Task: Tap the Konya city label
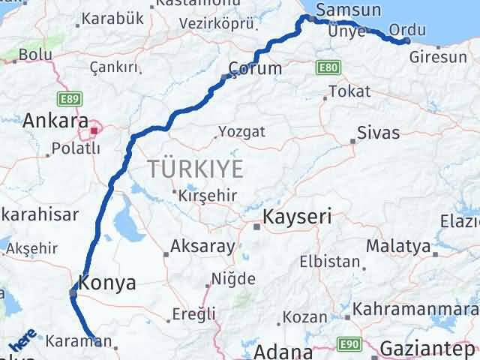pyautogui.click(x=107, y=283)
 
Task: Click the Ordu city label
pyautogui.click(x=407, y=30)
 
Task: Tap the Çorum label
pyautogui.click(x=256, y=69)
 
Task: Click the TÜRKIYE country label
pyautogui.click(x=197, y=169)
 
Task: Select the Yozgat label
pyautogui.click(x=241, y=132)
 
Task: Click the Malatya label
pyautogui.click(x=398, y=246)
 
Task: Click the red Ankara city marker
pyautogui.click(x=94, y=132)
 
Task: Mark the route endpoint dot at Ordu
pyautogui.click(x=406, y=40)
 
